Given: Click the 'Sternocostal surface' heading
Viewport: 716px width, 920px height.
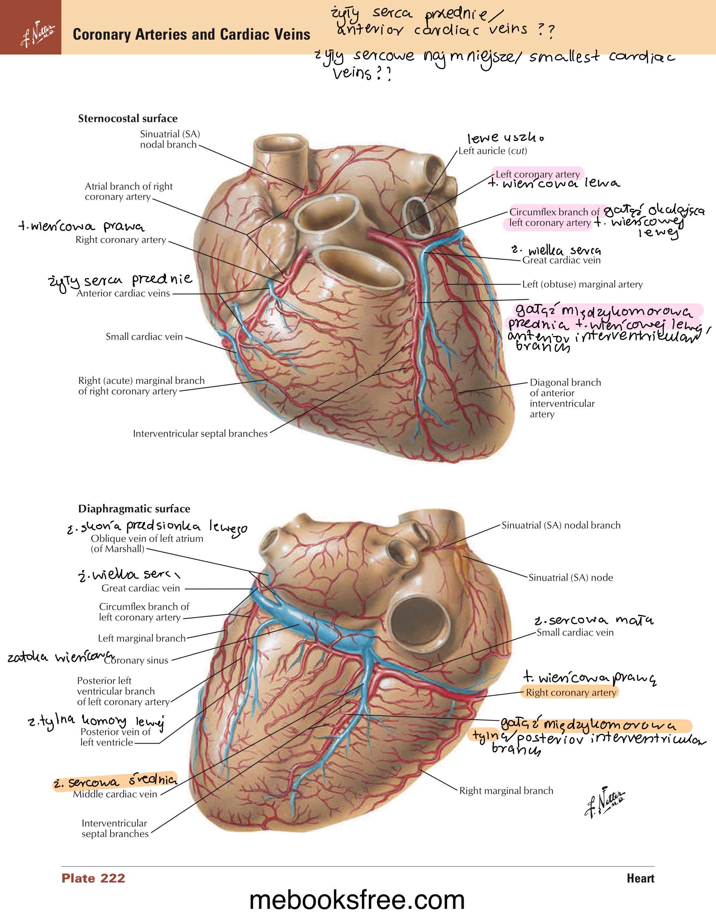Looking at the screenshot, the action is pos(128,118).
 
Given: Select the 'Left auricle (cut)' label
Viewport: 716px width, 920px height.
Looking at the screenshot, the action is pos(492,151).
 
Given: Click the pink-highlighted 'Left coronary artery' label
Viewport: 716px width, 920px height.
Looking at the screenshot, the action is pos(537,174).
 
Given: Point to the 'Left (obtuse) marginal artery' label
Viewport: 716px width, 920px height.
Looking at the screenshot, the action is pos(582,284).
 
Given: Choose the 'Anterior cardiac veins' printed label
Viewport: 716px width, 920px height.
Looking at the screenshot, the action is pos(123,293).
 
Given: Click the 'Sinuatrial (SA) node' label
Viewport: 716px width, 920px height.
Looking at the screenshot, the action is pos(571,577).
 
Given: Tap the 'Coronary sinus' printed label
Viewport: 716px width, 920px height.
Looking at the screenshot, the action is pos(136,660).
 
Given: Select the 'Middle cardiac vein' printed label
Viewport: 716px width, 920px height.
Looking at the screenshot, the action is pos(115,794).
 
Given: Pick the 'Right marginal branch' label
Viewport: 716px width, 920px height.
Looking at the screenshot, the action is pos(506,791).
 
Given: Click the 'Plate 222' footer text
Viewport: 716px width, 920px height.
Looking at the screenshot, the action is pos(93,878).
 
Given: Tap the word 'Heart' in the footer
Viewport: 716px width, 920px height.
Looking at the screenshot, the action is pos(640,878).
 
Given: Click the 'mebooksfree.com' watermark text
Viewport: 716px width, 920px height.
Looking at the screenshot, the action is pos(357,900).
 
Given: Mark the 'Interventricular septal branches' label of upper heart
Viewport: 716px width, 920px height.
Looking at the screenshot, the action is pos(200,433).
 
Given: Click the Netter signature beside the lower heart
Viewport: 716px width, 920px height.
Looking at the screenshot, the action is pos(605,801).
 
